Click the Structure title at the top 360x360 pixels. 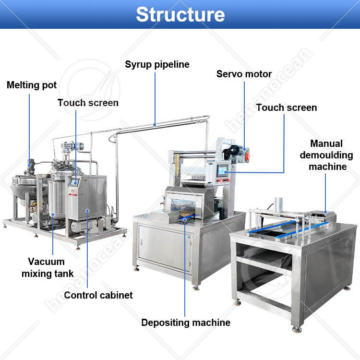pos(180,14)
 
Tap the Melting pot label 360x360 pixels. pos(32,85)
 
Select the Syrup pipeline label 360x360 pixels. pos(157,64)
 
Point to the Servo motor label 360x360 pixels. pos(244,74)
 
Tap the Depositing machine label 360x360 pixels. pos(186,323)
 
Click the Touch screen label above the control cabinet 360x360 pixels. pos(88,103)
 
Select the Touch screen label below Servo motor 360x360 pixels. pos(287,108)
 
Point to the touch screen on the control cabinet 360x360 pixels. pos(75,182)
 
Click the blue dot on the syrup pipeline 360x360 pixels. pos(155,124)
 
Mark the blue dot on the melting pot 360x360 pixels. pos(29,166)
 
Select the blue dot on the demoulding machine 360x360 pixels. pos(325,211)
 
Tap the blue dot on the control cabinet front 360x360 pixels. pos(87,210)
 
